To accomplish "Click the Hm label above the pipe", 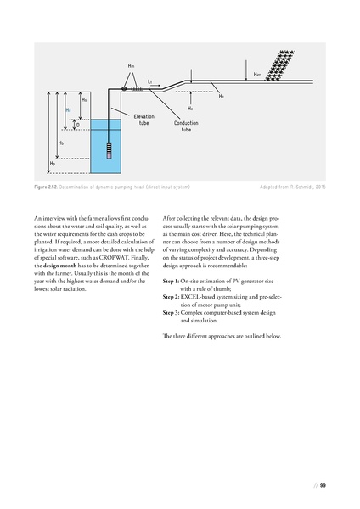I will tap(131, 65).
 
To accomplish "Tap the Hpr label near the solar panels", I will tap(256, 75).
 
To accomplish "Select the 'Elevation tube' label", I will tap(143, 119).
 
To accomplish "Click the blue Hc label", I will tap(68, 110).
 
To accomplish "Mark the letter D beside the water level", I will tap(77, 125).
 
